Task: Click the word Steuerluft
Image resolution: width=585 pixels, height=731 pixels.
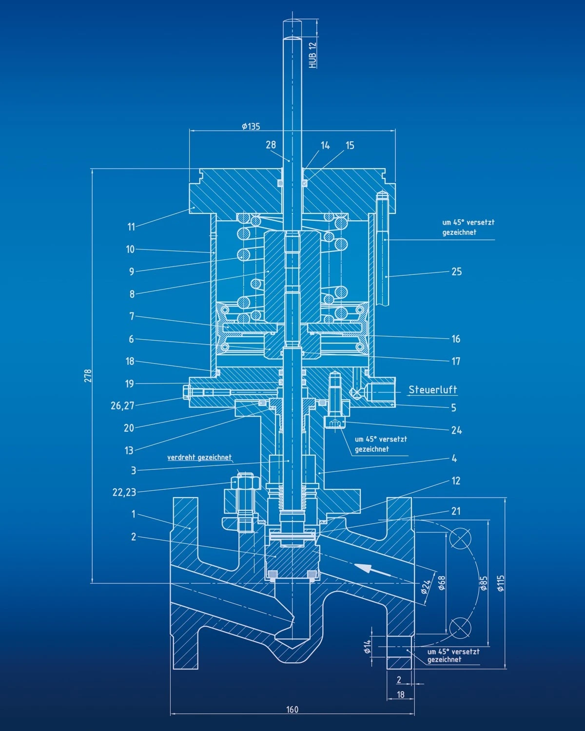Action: point(432,389)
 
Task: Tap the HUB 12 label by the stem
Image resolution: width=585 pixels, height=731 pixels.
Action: point(312,55)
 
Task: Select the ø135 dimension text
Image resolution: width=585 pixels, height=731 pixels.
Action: point(251,126)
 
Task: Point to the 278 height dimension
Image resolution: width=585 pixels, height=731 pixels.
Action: point(88,376)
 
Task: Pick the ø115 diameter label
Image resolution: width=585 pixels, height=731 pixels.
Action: point(501,583)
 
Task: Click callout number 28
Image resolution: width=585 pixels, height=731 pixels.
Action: point(271,145)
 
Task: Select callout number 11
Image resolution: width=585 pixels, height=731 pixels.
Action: point(131,227)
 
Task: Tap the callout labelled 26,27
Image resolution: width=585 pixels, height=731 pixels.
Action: point(122,405)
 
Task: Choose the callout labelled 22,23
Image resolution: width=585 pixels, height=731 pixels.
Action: point(124,492)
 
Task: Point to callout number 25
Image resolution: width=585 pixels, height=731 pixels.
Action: point(456,271)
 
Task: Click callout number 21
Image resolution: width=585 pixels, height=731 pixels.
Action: point(455,511)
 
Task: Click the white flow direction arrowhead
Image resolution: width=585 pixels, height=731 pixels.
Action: point(362,567)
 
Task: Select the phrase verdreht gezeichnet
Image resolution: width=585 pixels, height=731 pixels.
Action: point(199,457)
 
